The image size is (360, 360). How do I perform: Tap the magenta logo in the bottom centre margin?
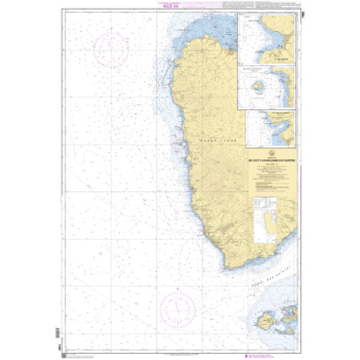(180, 350)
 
